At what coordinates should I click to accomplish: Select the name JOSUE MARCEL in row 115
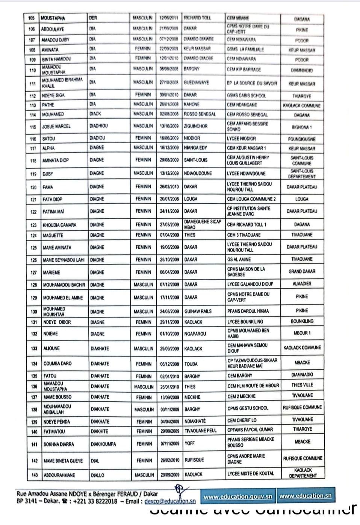click(56, 127)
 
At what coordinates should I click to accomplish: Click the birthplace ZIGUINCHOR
click(196, 126)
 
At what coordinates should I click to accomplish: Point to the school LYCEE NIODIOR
click(241, 139)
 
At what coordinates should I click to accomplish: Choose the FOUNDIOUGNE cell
click(302, 139)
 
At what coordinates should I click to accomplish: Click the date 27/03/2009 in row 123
click(169, 225)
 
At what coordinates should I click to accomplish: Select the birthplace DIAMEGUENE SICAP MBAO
click(203, 224)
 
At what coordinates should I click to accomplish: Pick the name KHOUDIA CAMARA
click(59, 225)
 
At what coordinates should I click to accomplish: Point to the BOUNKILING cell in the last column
click(302, 321)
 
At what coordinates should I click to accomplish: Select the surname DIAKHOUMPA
click(103, 444)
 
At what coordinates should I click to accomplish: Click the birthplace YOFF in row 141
click(190, 443)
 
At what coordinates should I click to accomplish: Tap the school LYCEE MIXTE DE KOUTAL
click(251, 474)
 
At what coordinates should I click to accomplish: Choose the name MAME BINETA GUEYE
click(63, 461)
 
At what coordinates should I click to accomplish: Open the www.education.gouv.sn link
click(237, 496)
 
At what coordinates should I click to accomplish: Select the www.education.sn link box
click(306, 496)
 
